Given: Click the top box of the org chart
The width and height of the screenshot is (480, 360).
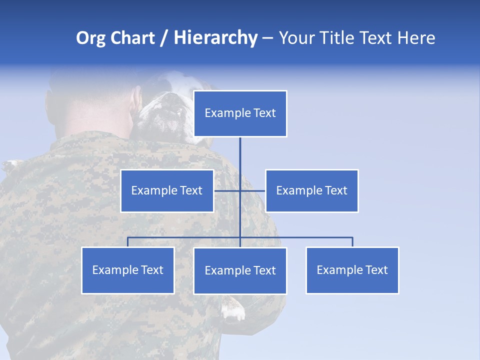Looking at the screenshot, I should pyautogui.click(x=240, y=113).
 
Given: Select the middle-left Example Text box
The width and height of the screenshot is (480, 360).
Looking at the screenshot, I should pyautogui.click(x=167, y=190).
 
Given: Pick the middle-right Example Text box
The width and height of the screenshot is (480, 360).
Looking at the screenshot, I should pyautogui.click(x=311, y=190).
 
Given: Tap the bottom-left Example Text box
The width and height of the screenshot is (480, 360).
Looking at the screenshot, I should pyautogui.click(x=127, y=270).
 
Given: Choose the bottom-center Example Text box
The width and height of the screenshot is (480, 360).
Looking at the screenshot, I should pyautogui.click(x=240, y=270).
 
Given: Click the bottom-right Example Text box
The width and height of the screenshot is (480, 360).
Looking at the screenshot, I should pyautogui.click(x=352, y=270).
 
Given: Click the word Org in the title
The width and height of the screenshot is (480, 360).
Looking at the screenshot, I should pyautogui.click(x=90, y=38).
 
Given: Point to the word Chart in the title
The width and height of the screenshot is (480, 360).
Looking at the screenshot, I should pyautogui.click(x=132, y=38).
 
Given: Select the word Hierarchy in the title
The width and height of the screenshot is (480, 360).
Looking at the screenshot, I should pyautogui.click(x=215, y=38).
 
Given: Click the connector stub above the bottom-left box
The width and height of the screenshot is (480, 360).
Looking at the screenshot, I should pyautogui.click(x=127, y=242).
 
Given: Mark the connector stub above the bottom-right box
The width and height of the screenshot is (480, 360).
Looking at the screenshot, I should pyautogui.click(x=352, y=242).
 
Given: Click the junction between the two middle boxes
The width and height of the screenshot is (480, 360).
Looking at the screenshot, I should pyautogui.click(x=240, y=190).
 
